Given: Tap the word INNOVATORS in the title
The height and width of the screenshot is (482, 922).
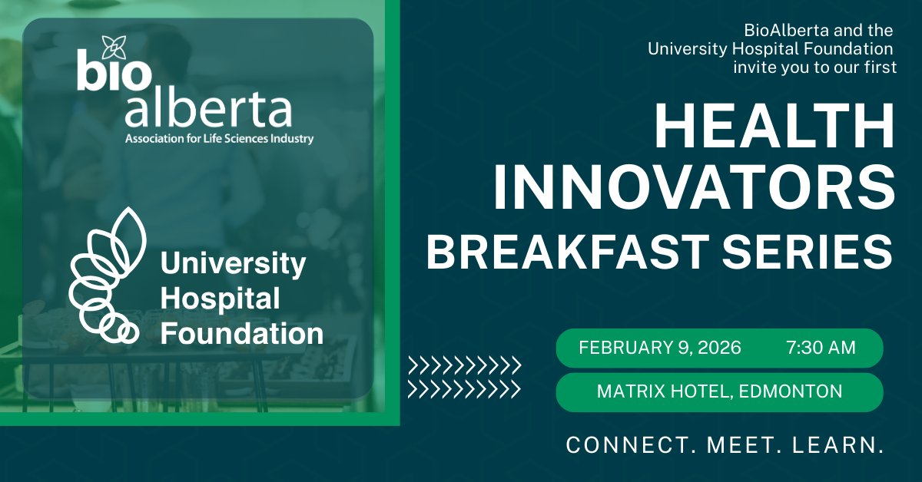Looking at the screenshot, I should tap(695, 187).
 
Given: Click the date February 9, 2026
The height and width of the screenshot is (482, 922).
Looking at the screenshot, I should tap(660, 348).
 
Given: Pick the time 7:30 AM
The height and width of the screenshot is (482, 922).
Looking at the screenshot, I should tap(821, 348).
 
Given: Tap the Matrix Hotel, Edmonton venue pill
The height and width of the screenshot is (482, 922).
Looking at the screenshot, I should tap(719, 391).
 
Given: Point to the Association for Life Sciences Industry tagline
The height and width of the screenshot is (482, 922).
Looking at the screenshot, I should tap(220, 140).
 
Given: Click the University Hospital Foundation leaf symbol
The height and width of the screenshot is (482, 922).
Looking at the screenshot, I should tap(104, 276).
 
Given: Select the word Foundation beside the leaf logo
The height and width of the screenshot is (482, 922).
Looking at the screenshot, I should tap(241, 335).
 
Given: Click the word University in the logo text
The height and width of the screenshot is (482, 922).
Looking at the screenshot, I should tap(233, 266).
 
